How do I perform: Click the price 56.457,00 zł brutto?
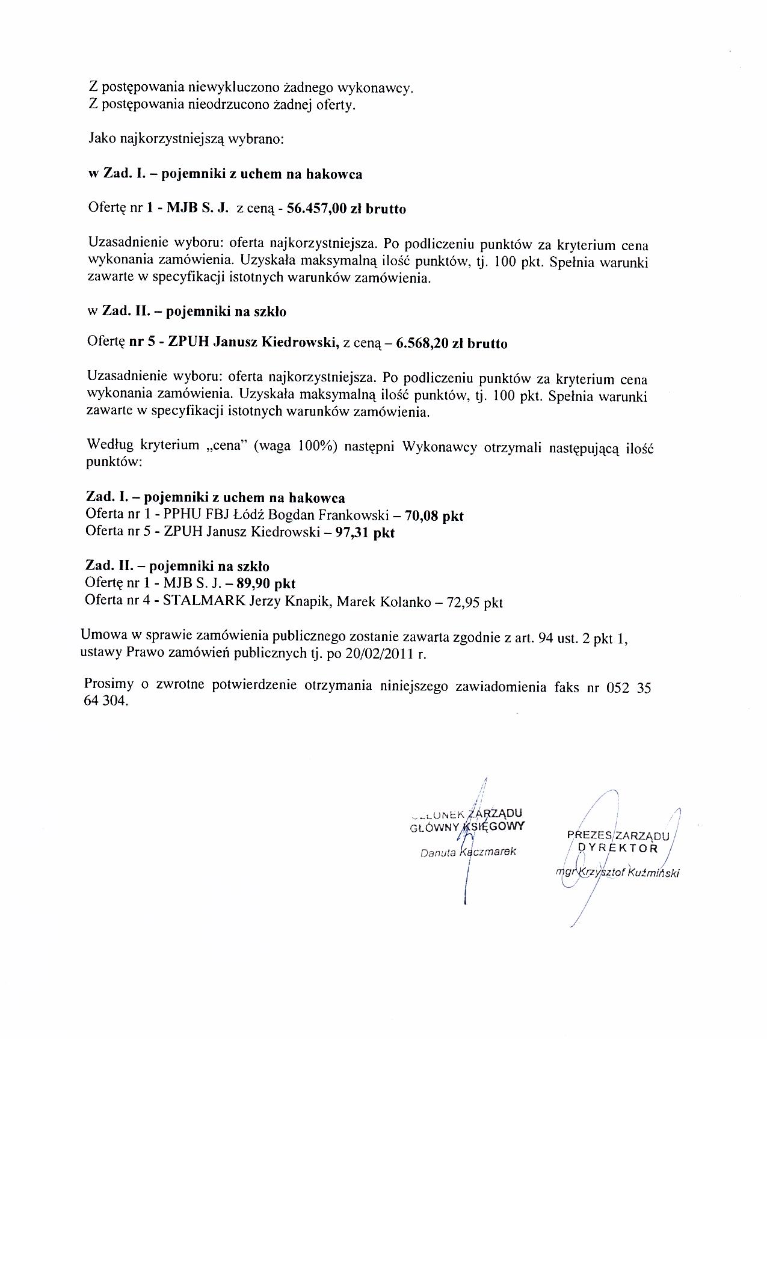coord(347,209)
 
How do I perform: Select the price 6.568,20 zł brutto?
coord(452,343)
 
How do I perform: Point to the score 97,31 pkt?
coord(365,533)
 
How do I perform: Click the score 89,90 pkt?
coord(266,583)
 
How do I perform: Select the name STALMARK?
coord(197,601)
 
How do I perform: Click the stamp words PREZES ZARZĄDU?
coord(618,835)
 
